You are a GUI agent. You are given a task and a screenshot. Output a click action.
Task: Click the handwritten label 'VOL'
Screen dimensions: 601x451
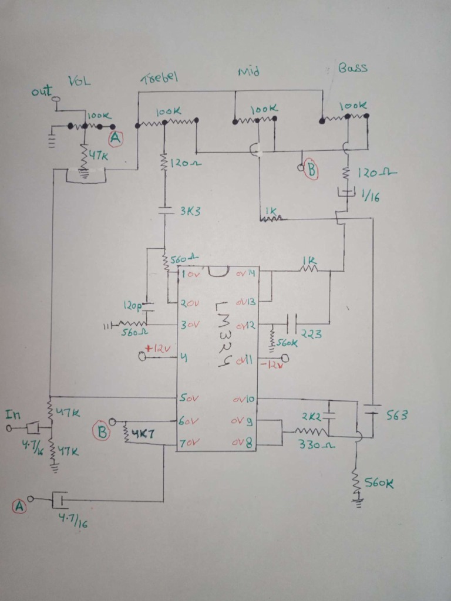coord(79,82)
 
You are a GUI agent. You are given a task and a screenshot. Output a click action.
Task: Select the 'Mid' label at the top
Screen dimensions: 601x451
coord(248,72)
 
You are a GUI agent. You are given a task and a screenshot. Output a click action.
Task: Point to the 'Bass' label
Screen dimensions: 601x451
coord(353,68)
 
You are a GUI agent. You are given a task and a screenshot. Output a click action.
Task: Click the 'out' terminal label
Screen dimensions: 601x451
coord(42,92)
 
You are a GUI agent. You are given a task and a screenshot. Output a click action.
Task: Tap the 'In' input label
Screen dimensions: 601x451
coord(12,415)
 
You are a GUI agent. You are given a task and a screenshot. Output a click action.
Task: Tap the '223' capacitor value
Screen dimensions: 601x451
coord(311,335)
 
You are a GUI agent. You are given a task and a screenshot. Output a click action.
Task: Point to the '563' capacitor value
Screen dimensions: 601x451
coord(396,416)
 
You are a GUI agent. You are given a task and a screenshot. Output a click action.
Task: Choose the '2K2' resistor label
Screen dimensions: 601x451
coord(311,416)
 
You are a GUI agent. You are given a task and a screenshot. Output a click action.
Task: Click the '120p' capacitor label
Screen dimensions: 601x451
coord(132,306)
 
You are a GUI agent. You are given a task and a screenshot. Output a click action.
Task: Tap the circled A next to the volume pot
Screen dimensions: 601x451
coord(116,139)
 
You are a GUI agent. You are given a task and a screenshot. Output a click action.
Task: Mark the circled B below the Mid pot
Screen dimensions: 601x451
coord(311,170)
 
